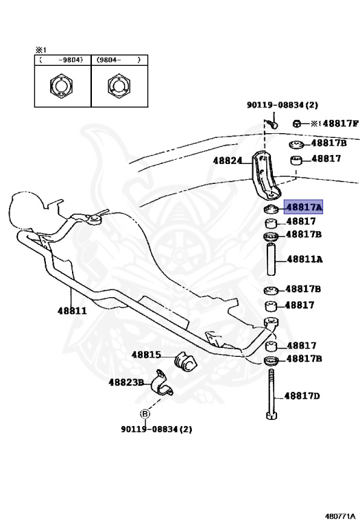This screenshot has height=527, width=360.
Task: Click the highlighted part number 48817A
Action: pos(303,206)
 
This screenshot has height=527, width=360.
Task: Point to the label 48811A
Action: pos(304,259)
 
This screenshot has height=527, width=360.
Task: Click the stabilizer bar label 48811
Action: pos(72,310)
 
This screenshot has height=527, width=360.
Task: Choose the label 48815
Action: pos(146,355)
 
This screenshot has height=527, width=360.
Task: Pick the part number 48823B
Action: pos(126,382)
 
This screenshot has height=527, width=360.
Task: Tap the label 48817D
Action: pos(304,396)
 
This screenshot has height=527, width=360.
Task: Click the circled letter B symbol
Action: pos(145,414)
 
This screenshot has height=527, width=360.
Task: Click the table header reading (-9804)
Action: pos(62,60)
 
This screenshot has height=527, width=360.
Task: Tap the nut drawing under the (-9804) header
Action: pos(62,87)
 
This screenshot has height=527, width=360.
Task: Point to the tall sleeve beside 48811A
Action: pos(271,263)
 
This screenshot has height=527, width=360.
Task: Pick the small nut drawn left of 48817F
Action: pos(298,124)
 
